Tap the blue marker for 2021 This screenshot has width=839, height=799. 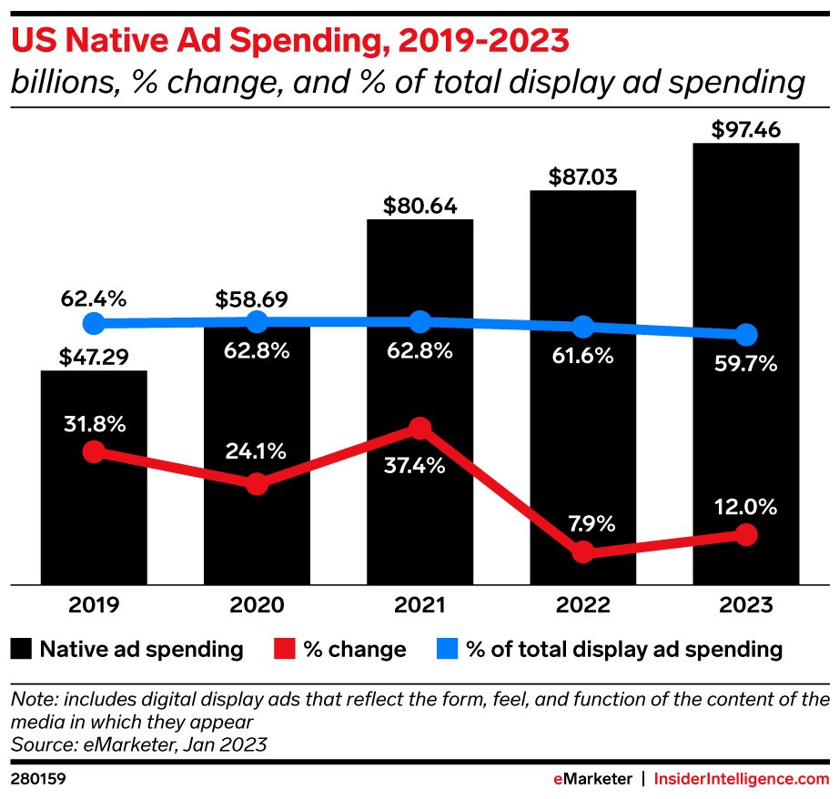tap(419, 321)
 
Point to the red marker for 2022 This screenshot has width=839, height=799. tap(583, 551)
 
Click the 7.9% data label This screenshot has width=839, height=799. tap(583, 523)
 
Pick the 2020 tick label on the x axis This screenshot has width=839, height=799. tap(257, 605)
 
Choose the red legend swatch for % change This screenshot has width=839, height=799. tap(284, 649)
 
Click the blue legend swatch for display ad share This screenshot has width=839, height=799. tap(447, 649)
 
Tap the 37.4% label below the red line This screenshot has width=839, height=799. tap(419, 465)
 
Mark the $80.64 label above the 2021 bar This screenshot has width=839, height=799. tap(419, 204)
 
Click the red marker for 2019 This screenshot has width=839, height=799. tap(93, 451)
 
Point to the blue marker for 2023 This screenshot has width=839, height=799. tap(746, 334)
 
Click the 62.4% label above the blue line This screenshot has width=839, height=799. tap(93, 298)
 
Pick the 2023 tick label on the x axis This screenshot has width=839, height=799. tap(746, 605)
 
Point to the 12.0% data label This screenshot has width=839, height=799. tap(746, 506)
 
